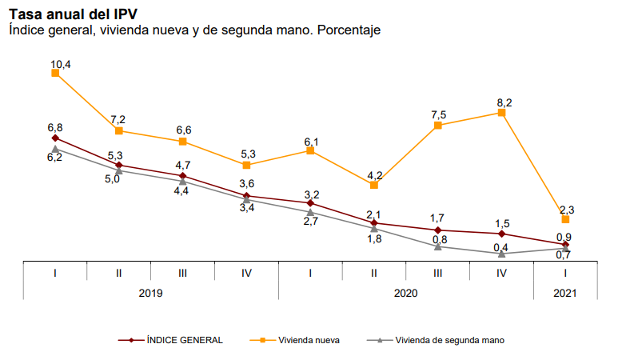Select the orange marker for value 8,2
(x=502, y=113)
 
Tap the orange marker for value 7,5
(x=438, y=125)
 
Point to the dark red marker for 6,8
(x=55, y=138)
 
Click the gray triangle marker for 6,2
(x=55, y=149)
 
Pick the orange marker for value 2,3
(x=565, y=218)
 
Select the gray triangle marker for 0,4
(x=502, y=253)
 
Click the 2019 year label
(x=150, y=293)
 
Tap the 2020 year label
(x=406, y=293)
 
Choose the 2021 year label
(x=565, y=293)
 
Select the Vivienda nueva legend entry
(x=309, y=340)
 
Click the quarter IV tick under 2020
(x=502, y=273)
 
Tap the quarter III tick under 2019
(x=182, y=273)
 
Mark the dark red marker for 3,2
(x=310, y=203)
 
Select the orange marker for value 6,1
(x=310, y=150)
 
